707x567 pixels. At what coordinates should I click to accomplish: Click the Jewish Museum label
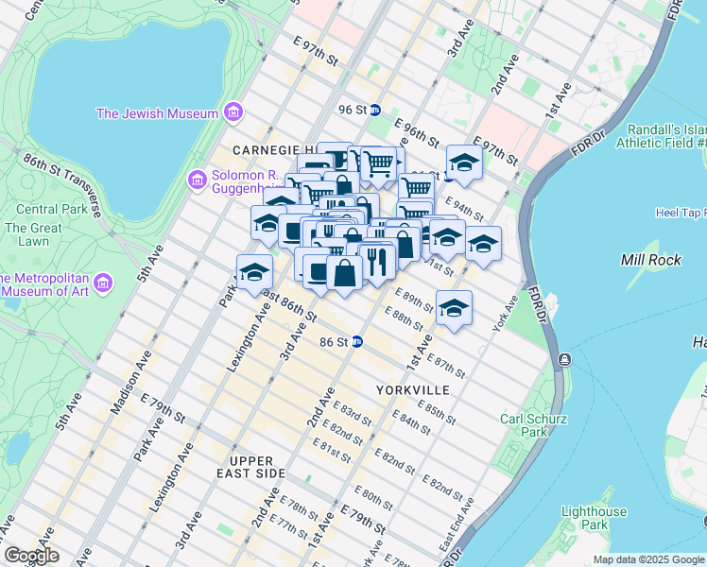click(x=157, y=113)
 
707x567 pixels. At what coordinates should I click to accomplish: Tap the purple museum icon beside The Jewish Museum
click(x=233, y=114)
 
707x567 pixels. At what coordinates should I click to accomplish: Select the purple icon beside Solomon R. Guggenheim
click(x=197, y=179)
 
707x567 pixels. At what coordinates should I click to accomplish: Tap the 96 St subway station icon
click(x=375, y=110)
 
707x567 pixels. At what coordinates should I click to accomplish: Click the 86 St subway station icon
click(x=357, y=342)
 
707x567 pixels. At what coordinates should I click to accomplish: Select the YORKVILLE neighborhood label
click(x=410, y=389)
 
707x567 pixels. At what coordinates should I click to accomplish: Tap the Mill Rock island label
click(x=646, y=259)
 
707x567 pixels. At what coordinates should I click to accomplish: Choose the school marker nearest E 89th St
click(x=454, y=308)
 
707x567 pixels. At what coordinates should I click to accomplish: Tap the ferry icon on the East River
click(x=563, y=359)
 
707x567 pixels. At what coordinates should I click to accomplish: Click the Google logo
click(x=30, y=556)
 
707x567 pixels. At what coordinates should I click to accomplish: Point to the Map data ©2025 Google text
click(x=647, y=559)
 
